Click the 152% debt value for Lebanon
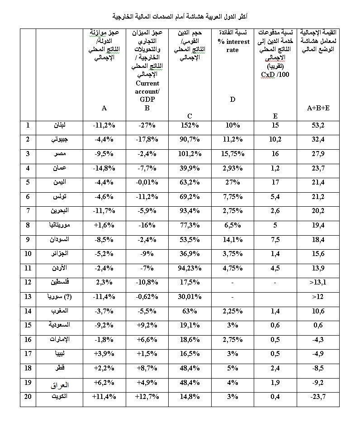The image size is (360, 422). pyautogui.click(x=189, y=125)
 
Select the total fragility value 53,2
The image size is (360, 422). pyautogui.click(x=318, y=125)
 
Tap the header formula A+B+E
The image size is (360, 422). pyautogui.click(x=318, y=108)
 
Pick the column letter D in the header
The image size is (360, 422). pyautogui.click(x=232, y=99)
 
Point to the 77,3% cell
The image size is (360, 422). pyautogui.click(x=189, y=225)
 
